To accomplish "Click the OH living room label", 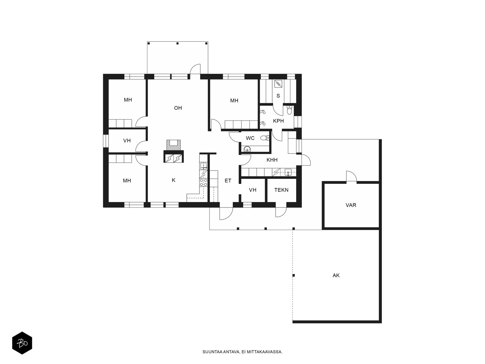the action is (x=178, y=108).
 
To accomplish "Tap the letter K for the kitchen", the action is (x=174, y=180).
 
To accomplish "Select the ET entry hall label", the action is (x=228, y=180).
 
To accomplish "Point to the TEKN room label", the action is (x=281, y=190).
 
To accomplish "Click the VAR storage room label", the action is (x=351, y=205).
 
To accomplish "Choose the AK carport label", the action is (x=336, y=275).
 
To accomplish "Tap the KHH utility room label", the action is (x=272, y=160).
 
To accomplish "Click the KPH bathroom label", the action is (x=278, y=121).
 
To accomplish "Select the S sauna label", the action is (x=278, y=96).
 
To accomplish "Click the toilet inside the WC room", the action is (x=265, y=138).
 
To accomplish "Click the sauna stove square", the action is (x=278, y=84).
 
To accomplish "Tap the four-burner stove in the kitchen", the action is (x=203, y=182).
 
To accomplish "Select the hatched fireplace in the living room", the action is (x=173, y=145).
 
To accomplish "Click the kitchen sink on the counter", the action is (x=203, y=166).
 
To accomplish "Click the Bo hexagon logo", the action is (x=22, y=343).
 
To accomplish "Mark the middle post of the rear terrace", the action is (x=177, y=43).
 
